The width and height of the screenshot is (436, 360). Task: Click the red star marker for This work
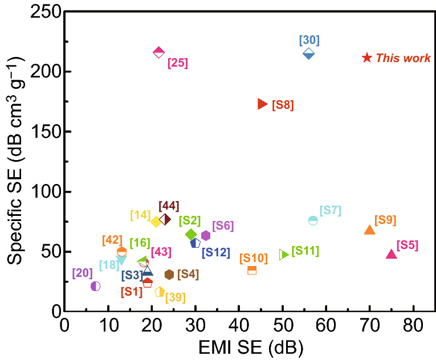pyautogui.click(x=367, y=58)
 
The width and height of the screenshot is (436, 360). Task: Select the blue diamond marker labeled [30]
pyautogui.click(x=309, y=54)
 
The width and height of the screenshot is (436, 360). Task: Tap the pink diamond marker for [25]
pyautogui.click(x=159, y=52)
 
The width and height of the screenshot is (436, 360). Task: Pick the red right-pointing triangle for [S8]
pyautogui.click(x=262, y=104)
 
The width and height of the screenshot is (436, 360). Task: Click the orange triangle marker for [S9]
pyautogui.click(x=369, y=230)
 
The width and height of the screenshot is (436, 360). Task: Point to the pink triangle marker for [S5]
pyautogui.click(x=391, y=254)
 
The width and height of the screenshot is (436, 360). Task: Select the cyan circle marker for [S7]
pyautogui.click(x=313, y=220)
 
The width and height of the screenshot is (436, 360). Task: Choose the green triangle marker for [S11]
pyautogui.click(x=284, y=254)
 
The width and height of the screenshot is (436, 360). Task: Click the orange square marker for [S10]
pyautogui.click(x=252, y=270)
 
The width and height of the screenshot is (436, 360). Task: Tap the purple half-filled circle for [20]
pyautogui.click(x=96, y=286)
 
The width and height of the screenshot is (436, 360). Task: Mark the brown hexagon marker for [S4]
pyautogui.click(x=169, y=275)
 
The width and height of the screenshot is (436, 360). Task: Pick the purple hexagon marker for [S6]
pyautogui.click(x=206, y=236)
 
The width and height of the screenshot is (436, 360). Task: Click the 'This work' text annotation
pyautogui.click(x=403, y=58)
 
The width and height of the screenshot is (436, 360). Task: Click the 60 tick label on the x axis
pyautogui.click(x=326, y=325)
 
